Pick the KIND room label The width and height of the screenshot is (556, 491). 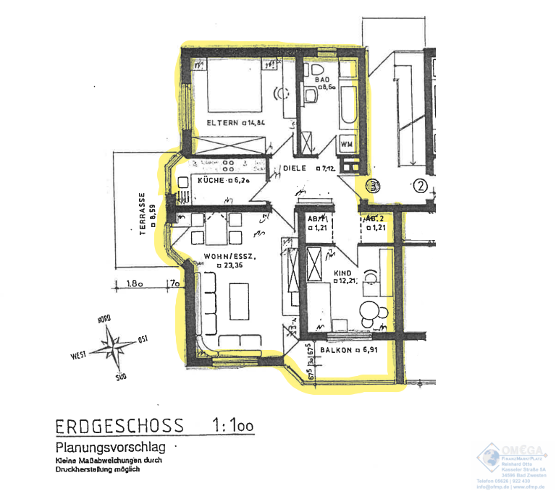pyautogui.click(x=342, y=274)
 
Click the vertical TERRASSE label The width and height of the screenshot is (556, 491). pyautogui.click(x=143, y=214)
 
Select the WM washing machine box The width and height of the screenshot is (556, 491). pyautogui.click(x=346, y=142)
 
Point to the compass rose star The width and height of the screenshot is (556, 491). pyautogui.click(x=113, y=342)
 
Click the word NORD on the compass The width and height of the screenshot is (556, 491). pyautogui.click(x=104, y=319)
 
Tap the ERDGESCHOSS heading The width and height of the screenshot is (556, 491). pyautogui.click(x=119, y=426)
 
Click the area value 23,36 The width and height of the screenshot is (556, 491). pyautogui.click(x=233, y=266)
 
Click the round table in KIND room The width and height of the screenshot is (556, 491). pyautogui.click(x=373, y=311)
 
